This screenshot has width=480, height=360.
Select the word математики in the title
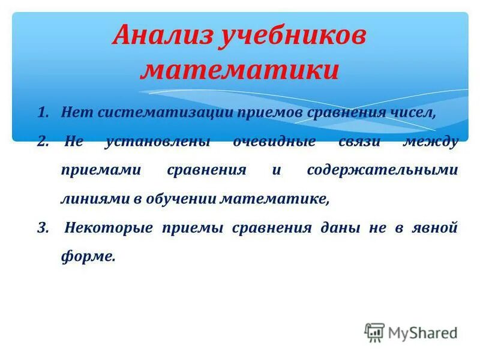[x=239, y=70]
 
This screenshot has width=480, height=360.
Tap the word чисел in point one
[x=412, y=113]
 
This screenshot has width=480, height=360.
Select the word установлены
[x=158, y=142]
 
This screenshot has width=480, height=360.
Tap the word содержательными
[x=382, y=170]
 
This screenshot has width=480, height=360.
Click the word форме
[x=87, y=257]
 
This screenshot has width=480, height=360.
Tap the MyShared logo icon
[x=374, y=332]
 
